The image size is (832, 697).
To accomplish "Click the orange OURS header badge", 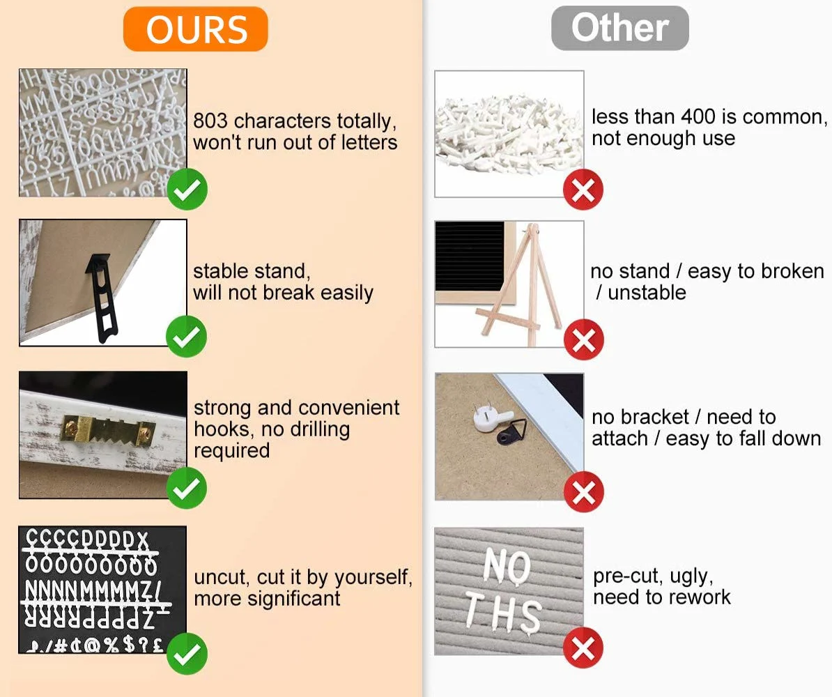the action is click(195, 29).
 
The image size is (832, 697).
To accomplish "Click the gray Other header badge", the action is click(619, 28).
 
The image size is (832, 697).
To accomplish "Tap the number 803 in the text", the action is click(210, 121).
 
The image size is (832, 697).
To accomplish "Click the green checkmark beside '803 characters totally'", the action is click(187, 190).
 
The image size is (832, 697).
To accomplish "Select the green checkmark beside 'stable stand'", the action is click(186, 337).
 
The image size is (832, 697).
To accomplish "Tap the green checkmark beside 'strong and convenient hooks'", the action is click(187, 489).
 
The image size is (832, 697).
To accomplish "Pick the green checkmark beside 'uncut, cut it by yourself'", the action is click(187, 654).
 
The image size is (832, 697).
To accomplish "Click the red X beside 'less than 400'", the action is click(583, 190).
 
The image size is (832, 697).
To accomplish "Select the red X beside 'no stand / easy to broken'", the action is click(584, 339).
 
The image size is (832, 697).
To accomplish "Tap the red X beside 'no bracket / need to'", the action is click(584, 491).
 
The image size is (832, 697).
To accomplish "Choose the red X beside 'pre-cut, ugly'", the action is click(583, 648).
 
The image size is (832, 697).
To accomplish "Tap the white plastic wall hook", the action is click(493, 420).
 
